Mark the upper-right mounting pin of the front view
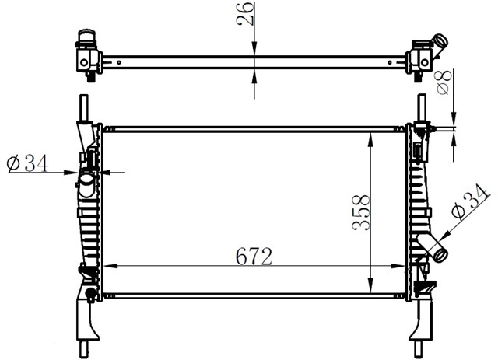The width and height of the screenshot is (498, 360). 422,107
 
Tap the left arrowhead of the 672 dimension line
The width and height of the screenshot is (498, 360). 107,267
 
